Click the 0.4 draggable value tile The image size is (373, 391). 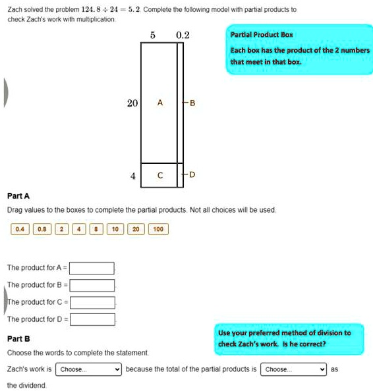click(x=20, y=229)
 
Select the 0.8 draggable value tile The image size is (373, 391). click(x=42, y=229)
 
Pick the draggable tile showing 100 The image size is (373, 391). click(x=158, y=229)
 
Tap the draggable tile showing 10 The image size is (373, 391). click(x=115, y=229)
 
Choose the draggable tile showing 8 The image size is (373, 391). click(x=96, y=229)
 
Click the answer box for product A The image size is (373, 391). click(x=92, y=268)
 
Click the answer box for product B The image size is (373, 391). click(x=92, y=285)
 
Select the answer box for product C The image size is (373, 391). click(x=92, y=303)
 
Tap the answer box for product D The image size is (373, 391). click(x=92, y=319)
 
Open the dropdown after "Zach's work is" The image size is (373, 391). click(x=88, y=369)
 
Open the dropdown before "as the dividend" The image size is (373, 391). click(x=293, y=369)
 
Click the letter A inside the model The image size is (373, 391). click(x=160, y=103)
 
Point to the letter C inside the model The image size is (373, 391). click(x=160, y=175)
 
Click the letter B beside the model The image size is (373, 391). click(x=192, y=103)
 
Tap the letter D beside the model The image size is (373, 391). click(x=192, y=174)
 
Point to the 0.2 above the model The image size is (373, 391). click(x=183, y=35)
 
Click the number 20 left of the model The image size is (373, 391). click(x=132, y=103)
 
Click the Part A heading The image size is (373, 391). click(x=18, y=196)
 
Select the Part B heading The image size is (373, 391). click(x=18, y=338)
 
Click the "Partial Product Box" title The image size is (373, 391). click(x=262, y=35)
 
